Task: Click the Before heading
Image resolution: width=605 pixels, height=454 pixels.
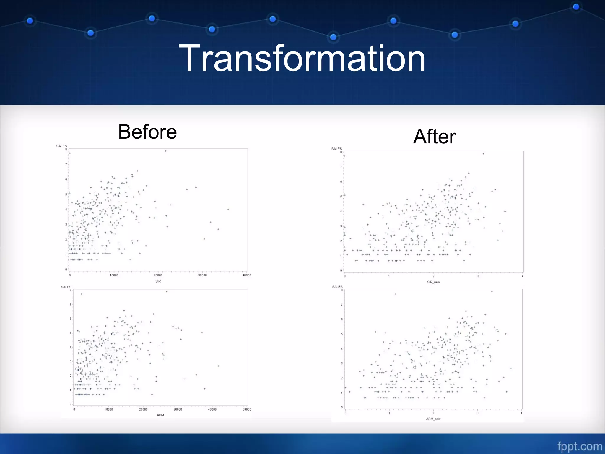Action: (147, 132)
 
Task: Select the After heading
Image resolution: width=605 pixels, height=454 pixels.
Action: (434, 137)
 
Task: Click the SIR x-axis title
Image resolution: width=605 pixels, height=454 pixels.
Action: (158, 281)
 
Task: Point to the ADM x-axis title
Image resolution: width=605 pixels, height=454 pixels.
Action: (160, 415)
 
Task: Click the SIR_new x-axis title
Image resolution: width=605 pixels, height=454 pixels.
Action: (433, 282)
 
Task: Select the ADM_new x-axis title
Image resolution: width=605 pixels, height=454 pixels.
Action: (433, 419)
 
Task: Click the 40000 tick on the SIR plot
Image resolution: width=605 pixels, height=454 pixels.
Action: (247, 275)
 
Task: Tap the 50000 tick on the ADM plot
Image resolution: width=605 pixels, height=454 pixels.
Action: (247, 410)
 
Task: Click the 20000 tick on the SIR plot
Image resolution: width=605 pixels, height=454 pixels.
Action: (158, 275)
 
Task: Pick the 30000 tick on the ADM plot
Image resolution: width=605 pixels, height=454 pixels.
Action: (178, 410)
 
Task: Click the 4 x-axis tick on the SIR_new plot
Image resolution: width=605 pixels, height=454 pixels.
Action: (523, 276)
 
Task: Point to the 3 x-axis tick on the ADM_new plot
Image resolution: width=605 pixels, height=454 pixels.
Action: (477, 413)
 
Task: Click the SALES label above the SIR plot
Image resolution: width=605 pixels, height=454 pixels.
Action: (61, 146)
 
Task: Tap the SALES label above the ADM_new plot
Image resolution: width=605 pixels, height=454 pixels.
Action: (337, 287)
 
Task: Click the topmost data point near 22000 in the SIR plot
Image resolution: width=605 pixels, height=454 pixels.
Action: (165, 151)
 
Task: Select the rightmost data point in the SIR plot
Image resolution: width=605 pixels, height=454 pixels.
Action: (228, 210)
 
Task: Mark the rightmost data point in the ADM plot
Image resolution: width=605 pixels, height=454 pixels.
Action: (219, 366)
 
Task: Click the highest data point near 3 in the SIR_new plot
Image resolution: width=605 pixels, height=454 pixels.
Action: (484, 154)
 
